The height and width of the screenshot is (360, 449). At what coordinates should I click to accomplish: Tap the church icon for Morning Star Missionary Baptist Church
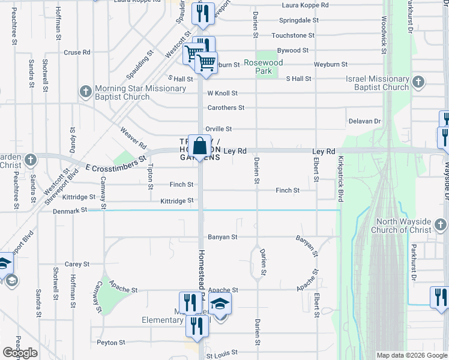(x=85, y=92)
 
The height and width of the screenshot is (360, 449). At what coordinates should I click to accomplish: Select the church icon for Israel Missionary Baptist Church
(x=418, y=82)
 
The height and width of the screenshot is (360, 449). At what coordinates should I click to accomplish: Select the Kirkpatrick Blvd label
(x=340, y=179)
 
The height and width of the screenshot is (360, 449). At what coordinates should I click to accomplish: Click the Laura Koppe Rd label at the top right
(x=306, y=5)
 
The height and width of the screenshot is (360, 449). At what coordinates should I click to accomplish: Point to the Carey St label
(x=77, y=264)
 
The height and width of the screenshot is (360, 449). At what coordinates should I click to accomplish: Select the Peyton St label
(x=110, y=342)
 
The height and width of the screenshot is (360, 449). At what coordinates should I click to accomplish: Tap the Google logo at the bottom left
(x=20, y=353)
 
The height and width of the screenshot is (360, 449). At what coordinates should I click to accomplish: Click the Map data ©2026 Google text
(x=412, y=355)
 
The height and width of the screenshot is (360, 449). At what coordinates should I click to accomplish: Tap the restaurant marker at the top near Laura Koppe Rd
(x=203, y=13)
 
